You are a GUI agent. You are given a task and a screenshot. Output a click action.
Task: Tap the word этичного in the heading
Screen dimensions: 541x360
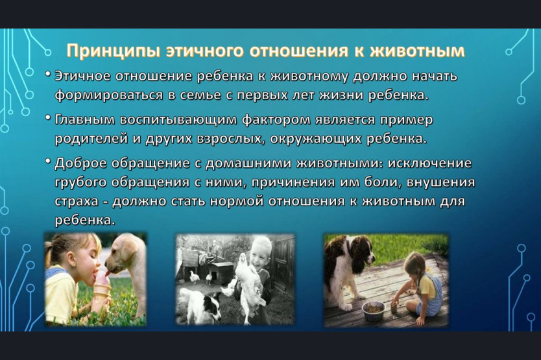pos(205,51)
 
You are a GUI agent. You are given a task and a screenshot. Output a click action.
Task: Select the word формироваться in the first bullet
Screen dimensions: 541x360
pos(109,95)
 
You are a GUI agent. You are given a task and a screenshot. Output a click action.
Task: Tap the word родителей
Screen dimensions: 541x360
pos(91,139)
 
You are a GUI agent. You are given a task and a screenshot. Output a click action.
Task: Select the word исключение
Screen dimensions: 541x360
pos(429,163)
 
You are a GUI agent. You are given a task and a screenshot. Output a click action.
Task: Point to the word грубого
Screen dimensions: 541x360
pos(80,182)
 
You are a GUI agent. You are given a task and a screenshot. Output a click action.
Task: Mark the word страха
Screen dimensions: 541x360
pos(77,202)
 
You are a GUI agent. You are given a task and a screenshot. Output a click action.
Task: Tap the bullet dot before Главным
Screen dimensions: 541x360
pos(48,117)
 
